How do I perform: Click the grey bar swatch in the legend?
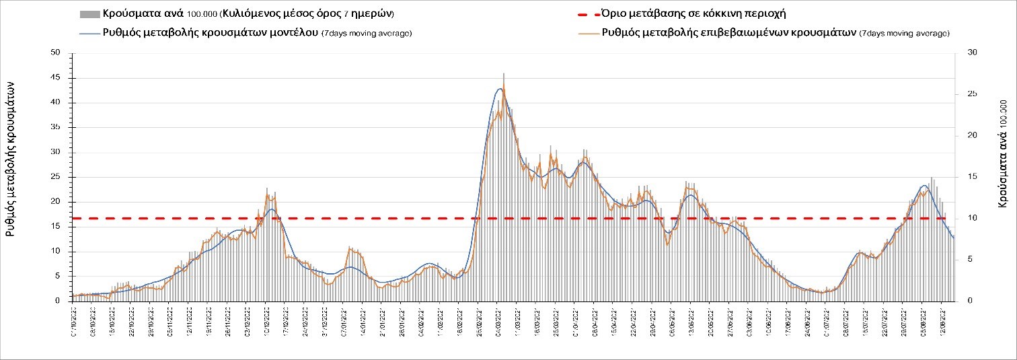(x=89, y=14)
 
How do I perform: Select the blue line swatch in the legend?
(x=89, y=33)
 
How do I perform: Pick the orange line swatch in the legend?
(x=588, y=33)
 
